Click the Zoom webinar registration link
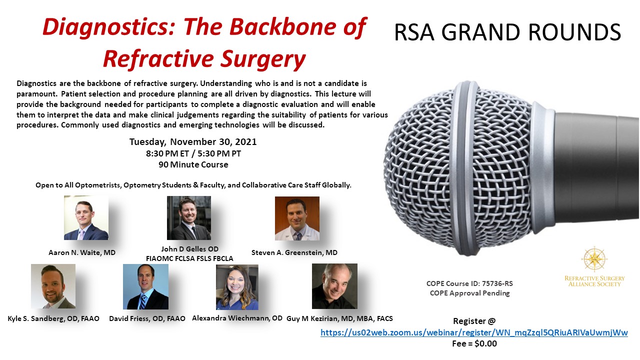click(474, 332)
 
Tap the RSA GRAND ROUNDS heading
click(507, 32)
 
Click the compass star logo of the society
click(594, 259)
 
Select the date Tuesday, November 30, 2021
click(193, 141)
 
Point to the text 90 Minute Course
click(193, 164)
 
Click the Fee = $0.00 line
click(474, 343)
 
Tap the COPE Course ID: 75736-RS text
click(469, 283)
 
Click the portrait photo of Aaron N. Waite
click(86, 217)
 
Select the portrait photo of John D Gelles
click(189, 218)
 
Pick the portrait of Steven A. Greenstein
click(297, 218)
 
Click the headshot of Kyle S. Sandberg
click(53, 286)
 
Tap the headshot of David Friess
click(145, 286)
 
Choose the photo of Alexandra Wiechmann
click(237, 287)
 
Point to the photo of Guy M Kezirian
click(334, 286)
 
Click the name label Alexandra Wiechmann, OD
click(237, 318)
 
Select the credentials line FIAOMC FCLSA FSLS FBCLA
click(189, 258)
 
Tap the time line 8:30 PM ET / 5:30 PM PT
click(193, 153)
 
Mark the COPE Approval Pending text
click(469, 293)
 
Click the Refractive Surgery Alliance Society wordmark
click(594, 281)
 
